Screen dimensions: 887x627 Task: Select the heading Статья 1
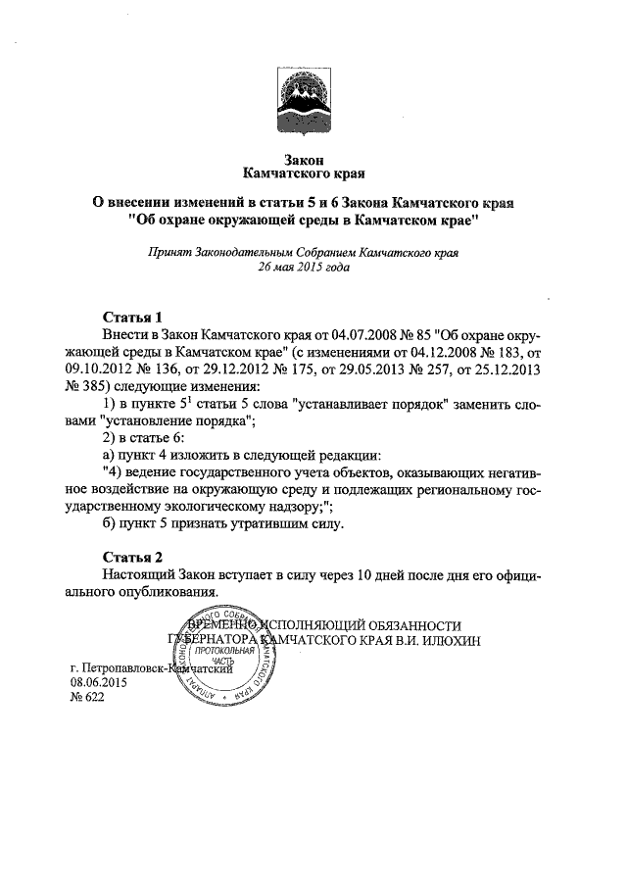tap(132, 318)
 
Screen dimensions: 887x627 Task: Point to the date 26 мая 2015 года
tap(302, 267)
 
